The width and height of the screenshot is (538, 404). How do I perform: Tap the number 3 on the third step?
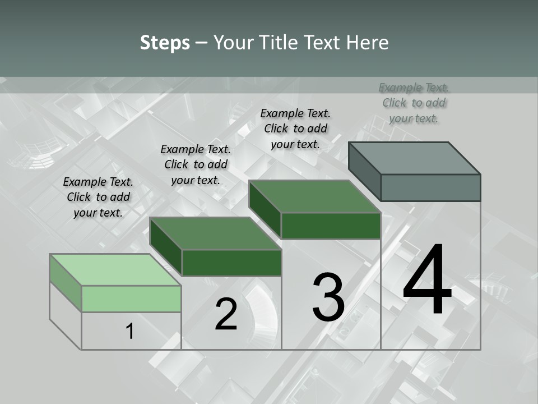(328, 297)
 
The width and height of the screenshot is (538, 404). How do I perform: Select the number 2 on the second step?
(226, 314)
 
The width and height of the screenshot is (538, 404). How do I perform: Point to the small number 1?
(130, 332)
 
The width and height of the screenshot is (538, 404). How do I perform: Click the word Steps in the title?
(165, 43)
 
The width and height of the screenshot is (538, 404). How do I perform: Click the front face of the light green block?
(131, 299)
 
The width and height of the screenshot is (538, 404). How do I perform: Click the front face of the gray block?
(430, 187)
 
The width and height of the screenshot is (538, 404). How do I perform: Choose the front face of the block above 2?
(231, 263)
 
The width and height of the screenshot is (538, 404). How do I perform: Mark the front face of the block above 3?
(331, 226)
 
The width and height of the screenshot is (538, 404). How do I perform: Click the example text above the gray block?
(414, 103)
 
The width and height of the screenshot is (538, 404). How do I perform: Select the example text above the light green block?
(98, 197)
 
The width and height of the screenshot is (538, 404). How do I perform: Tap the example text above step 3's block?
(295, 128)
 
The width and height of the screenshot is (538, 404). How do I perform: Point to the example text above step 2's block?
(196, 164)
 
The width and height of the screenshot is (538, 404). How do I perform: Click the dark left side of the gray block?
(364, 171)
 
